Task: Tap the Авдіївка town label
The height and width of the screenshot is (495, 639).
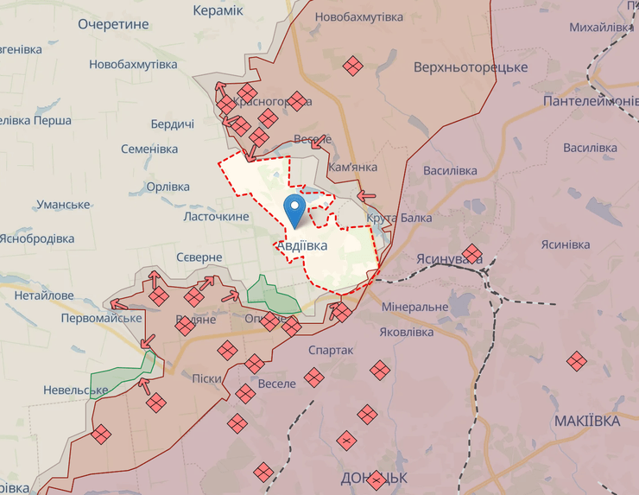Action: pos(303,246)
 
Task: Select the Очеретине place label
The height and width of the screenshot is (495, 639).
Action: pos(113,25)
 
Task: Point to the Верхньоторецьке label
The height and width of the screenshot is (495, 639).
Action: pos(471,67)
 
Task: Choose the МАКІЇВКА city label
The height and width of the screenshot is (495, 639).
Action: pos(587,422)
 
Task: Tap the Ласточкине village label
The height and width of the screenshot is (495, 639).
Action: pos(216,217)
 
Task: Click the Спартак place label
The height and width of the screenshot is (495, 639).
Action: pos(331,350)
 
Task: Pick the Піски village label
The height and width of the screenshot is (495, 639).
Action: pos(206,378)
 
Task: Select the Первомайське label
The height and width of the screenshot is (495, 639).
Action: pos(101,318)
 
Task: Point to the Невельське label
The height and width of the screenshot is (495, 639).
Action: pos(76,390)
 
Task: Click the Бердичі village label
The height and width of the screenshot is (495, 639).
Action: pos(172,124)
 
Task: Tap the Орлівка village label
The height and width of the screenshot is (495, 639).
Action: pos(168,187)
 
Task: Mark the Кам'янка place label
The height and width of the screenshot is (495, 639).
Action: pos(353,166)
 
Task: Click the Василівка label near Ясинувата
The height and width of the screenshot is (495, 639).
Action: pos(450,170)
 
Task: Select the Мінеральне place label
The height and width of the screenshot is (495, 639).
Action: pos(414,307)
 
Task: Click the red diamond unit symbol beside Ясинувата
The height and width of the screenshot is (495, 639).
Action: pos(471,254)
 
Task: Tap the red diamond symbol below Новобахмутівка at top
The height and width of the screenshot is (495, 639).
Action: pos(351,66)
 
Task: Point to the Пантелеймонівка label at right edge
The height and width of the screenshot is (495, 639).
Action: pos(591,102)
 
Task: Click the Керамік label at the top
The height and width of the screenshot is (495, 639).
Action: pos(218,10)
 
